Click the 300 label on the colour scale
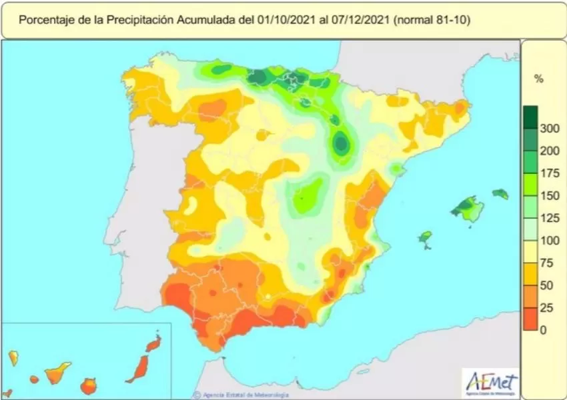[549, 129]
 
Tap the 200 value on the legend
[549, 151]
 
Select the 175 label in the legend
[549, 173]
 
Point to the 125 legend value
[549, 219]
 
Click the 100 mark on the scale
[549, 241]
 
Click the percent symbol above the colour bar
[539, 79]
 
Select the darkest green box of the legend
[531, 117]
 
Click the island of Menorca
[500, 194]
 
